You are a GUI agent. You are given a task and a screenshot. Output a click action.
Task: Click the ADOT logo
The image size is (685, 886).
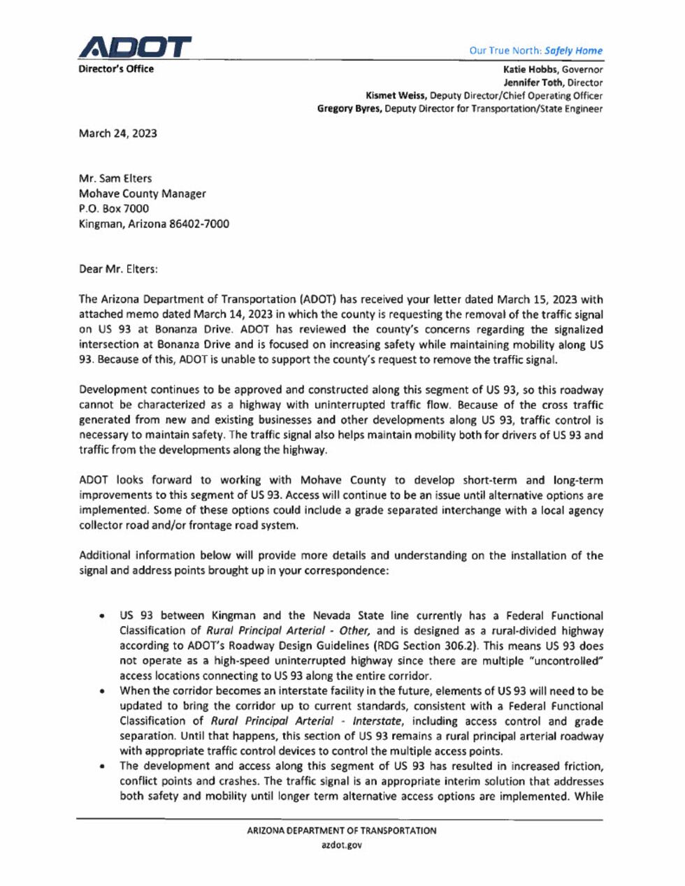pos(135,48)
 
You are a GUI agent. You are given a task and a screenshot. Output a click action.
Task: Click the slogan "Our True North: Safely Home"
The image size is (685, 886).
pos(535,50)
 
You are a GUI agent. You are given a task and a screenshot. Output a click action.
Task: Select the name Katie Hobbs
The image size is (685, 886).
pos(530,69)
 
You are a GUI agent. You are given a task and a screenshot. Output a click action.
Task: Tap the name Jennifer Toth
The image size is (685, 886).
pos(533,82)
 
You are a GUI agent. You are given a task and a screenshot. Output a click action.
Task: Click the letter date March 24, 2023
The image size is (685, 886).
pos(117,133)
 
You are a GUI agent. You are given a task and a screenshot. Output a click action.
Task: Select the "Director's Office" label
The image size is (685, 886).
pos(116,69)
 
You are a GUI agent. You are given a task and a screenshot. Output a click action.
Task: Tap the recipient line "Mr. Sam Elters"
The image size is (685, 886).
pos(115,178)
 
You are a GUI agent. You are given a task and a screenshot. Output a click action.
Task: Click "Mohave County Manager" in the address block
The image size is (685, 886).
pos(142,194)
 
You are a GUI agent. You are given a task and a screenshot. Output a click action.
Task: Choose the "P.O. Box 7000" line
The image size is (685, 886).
pos(113,208)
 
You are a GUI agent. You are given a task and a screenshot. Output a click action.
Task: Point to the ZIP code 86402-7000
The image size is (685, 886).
pos(199,224)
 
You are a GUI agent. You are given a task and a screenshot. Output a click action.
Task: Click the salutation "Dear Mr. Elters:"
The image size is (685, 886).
pos(118,269)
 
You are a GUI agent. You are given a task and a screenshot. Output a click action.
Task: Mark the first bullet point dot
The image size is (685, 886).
pos(103,616)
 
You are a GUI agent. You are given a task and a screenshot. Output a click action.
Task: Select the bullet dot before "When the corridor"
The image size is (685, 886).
pos(103,691)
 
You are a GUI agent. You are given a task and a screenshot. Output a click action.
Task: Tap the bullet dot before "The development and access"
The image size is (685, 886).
pos(103,767)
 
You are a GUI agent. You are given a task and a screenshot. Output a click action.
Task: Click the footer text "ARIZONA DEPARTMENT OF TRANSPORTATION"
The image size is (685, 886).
pos(341,831)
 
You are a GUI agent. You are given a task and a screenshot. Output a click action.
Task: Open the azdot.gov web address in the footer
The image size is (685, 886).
pos(341,845)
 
